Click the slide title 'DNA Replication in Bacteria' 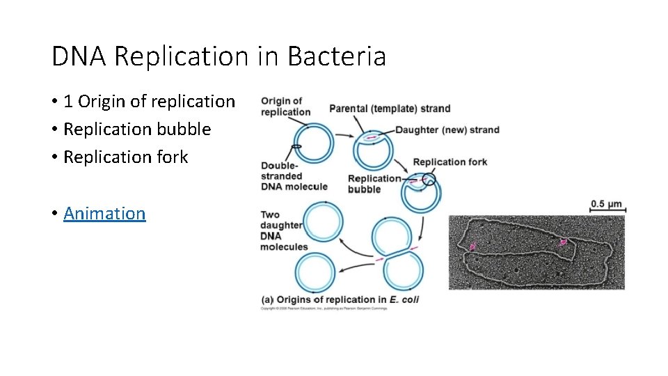click(x=218, y=56)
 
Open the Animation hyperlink click(x=104, y=213)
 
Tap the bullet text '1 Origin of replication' click(x=149, y=102)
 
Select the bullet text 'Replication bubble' click(x=136, y=130)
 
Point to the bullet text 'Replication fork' click(x=125, y=157)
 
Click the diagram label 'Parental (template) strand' click(x=390, y=109)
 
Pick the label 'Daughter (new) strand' click(x=447, y=130)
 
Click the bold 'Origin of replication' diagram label click(x=285, y=107)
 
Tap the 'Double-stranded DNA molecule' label click(x=294, y=176)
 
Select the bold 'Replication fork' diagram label click(x=450, y=162)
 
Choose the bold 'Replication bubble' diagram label click(x=374, y=184)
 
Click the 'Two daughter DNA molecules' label click(x=283, y=230)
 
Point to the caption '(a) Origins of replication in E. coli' click(x=340, y=300)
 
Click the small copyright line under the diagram click(x=324, y=308)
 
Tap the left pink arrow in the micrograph click(x=473, y=246)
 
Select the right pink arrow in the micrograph click(x=563, y=242)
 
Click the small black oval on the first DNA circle click(x=296, y=146)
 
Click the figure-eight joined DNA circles click(x=396, y=253)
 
